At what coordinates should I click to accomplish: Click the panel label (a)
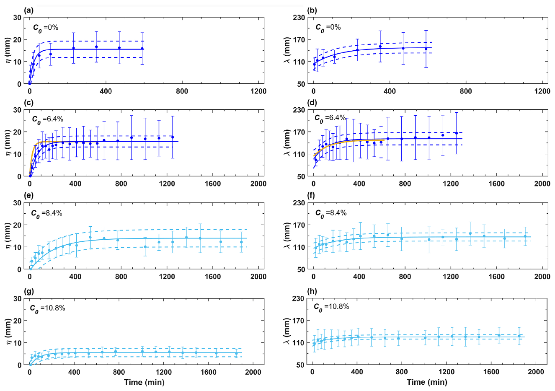pos(29,10)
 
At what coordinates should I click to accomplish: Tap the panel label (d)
pos(312,103)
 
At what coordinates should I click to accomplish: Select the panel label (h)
pos(312,291)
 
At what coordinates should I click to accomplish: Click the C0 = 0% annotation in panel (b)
pos(328,28)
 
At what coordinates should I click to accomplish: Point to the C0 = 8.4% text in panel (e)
pos(46,213)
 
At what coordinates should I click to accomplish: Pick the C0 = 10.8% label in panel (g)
pos(47,308)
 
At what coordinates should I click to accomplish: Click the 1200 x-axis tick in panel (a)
pos(258,91)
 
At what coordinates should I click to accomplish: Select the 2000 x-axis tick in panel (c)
pos(258,184)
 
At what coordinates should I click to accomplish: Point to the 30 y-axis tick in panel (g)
pos(18,299)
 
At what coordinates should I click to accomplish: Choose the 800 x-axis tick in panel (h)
pos(402,372)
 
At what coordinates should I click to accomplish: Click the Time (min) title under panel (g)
pos(144,382)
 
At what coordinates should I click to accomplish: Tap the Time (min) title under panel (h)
pos(427,382)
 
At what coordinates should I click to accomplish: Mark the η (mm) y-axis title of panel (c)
pos(8,144)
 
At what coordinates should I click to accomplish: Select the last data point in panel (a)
pos(142,49)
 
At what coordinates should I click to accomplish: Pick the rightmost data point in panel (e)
pos(241,242)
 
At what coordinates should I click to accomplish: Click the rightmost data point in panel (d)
pos(457,133)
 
